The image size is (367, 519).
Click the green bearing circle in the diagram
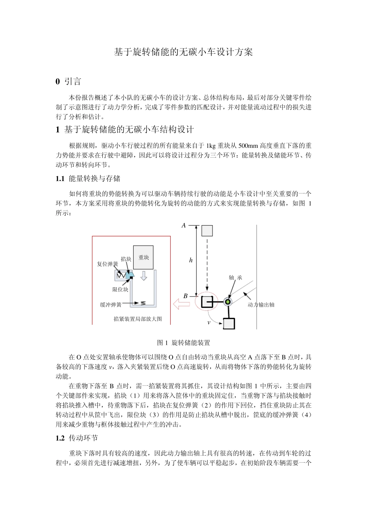click(228, 302)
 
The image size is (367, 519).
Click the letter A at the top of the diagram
click(184, 225)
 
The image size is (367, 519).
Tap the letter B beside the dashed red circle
click(185, 296)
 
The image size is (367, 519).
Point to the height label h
click(191, 260)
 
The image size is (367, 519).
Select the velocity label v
click(209, 322)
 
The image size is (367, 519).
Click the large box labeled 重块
click(144, 257)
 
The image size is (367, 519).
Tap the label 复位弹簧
click(107, 264)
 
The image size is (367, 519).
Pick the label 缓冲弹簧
click(111, 305)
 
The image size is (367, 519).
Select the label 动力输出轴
click(261, 305)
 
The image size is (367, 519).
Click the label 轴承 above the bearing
click(235, 278)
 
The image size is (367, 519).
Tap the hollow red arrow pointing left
click(182, 304)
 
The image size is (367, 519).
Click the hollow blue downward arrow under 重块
click(144, 276)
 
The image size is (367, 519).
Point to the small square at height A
click(207, 231)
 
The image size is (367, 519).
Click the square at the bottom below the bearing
click(229, 323)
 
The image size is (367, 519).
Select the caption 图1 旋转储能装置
click(183, 343)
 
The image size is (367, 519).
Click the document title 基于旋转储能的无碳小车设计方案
click(183, 52)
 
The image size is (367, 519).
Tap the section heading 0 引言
click(68, 81)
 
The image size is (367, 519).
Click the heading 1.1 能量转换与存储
click(88, 178)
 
